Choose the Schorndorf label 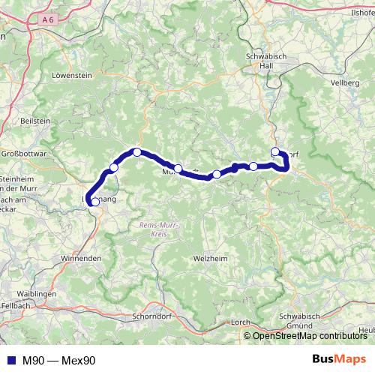pos(151,316)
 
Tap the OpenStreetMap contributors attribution pos(309,337)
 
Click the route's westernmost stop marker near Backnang pos(94,201)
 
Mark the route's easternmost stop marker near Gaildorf pos(275,150)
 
